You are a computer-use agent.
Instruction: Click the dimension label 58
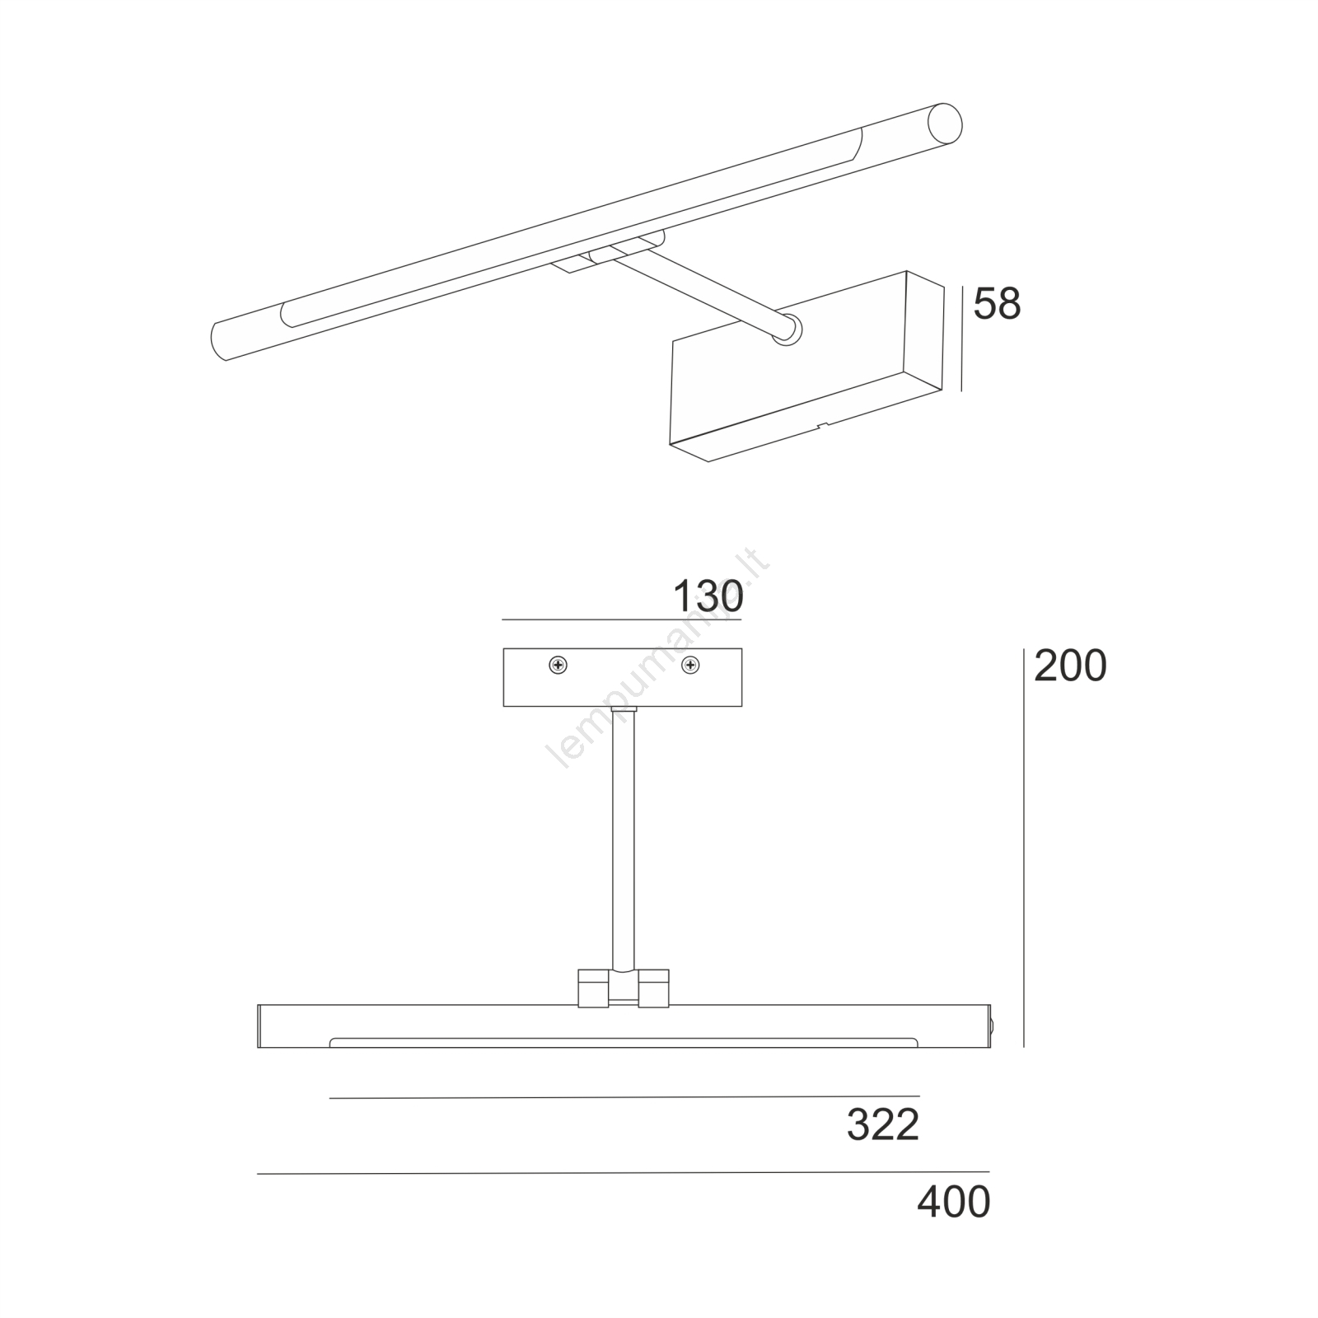(x=997, y=305)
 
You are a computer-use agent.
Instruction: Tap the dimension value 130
(x=708, y=596)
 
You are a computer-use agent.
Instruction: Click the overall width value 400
(x=953, y=1202)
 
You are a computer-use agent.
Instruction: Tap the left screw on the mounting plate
(x=559, y=665)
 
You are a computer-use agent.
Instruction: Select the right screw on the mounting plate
(x=690, y=665)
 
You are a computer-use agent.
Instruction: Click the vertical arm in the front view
(x=623, y=840)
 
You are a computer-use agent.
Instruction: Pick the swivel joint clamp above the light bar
(x=624, y=988)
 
